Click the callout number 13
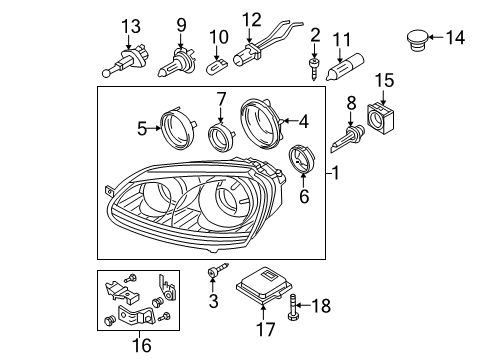(x=131, y=26)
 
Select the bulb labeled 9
(x=175, y=62)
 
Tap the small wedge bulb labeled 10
(x=216, y=67)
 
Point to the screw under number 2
(x=314, y=68)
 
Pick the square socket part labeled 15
(x=381, y=118)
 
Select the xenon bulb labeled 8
(x=347, y=138)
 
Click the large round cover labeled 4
(x=261, y=123)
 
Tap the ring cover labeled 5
(x=178, y=127)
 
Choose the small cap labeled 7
(x=220, y=137)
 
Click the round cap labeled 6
(x=301, y=159)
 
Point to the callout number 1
(x=335, y=173)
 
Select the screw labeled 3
(x=218, y=269)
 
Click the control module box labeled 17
(x=264, y=285)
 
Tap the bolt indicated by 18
(x=292, y=307)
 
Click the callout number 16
(x=142, y=345)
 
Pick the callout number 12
(x=251, y=20)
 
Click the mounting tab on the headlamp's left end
(x=109, y=192)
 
